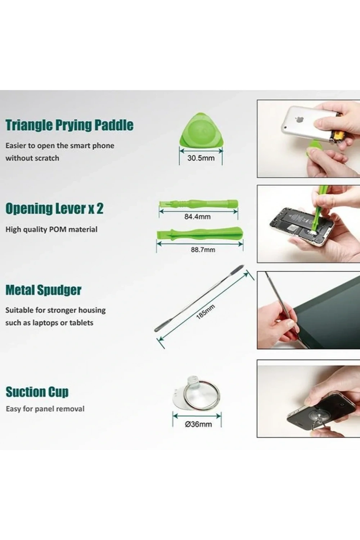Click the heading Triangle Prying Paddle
tap(69, 125)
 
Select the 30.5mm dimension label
tap(201, 158)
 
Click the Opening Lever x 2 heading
tap(54, 208)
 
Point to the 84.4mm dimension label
tap(198, 217)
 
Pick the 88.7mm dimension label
tap(203, 249)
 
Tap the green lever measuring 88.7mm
tap(200, 234)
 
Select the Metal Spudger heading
tap(44, 290)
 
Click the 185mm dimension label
tap(205, 312)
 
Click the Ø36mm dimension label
tap(198, 424)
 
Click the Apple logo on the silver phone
tap(299, 120)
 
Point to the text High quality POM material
tap(51, 229)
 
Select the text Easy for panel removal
tap(45, 409)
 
